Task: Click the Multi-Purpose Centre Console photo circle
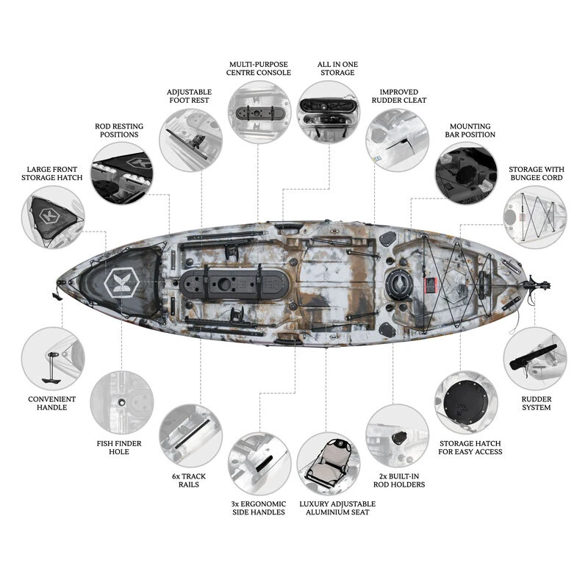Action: click(x=258, y=111)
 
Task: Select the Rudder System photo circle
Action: click(x=535, y=359)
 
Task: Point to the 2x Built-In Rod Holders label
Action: click(x=399, y=479)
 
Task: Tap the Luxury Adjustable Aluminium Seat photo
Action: click(x=328, y=463)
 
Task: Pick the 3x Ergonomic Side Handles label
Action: click(x=258, y=507)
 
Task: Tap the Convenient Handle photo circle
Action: click(x=53, y=358)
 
